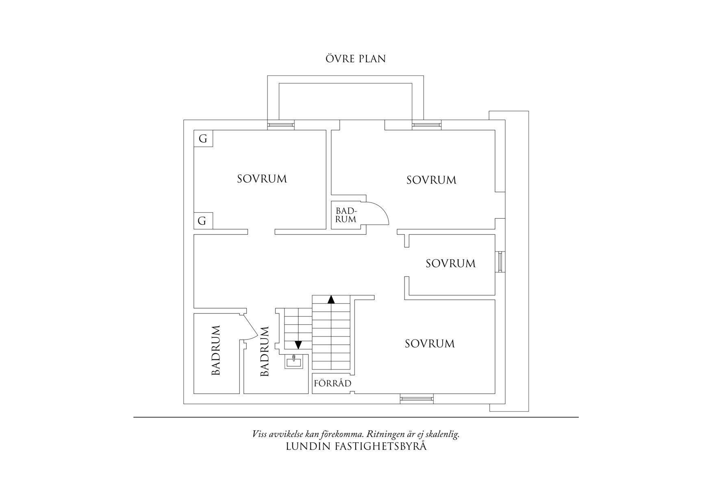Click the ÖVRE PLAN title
coord(355,59)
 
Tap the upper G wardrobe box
coord(203,139)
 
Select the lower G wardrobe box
coord(202,221)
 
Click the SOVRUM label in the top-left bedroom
coord(262,179)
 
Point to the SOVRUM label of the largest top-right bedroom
coord(431,180)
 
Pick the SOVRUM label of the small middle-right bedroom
coord(450,263)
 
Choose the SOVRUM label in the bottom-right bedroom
coord(430,344)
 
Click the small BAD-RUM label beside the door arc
coord(346,215)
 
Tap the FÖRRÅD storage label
coord(333,383)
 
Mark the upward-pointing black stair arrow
coord(331,300)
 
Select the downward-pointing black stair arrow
coord(298,345)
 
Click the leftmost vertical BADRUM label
coord(216,350)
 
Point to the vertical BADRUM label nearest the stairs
coord(265,351)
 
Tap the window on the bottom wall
coord(417,399)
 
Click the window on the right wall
coord(500,262)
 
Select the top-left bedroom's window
coord(280,125)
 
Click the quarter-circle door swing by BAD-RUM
coord(378,213)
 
